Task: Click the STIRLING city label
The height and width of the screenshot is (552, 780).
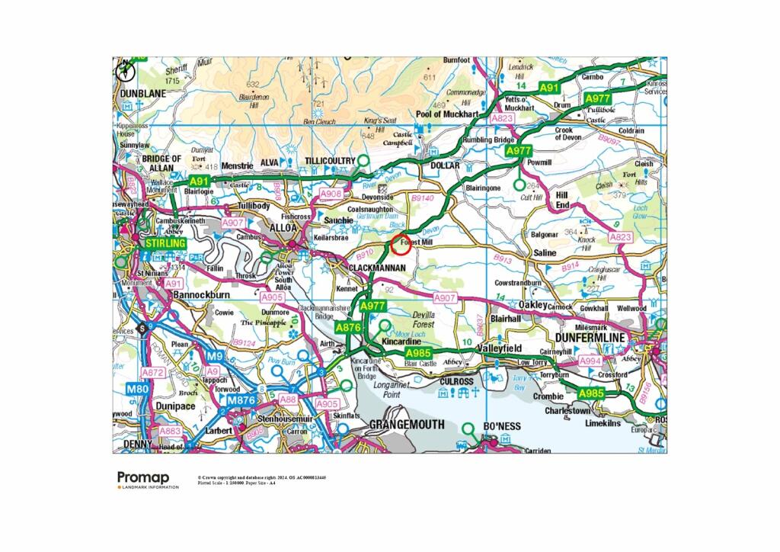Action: tap(166, 242)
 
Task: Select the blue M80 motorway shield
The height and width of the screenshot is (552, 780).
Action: tap(138, 390)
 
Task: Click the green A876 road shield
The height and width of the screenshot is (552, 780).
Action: tap(347, 326)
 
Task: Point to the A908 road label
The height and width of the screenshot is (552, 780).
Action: tap(331, 194)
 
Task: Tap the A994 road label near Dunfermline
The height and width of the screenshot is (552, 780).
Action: tap(590, 360)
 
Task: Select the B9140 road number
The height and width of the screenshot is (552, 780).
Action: tap(421, 198)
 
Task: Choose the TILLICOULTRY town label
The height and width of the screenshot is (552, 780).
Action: tap(330, 160)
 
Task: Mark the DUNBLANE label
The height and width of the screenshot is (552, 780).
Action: tap(142, 93)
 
